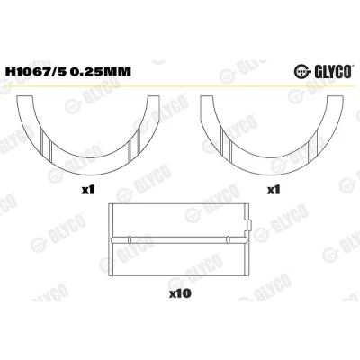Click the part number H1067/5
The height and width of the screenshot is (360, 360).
[34, 72]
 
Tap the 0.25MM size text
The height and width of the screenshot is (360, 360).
[101, 72]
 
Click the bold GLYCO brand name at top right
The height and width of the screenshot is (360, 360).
[333, 72]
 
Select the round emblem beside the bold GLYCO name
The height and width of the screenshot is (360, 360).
[301, 72]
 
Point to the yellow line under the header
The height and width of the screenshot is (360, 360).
[179, 85]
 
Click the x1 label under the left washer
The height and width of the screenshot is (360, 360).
[88, 190]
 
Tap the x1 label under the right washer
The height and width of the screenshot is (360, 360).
[274, 190]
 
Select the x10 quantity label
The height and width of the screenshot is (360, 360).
[180, 293]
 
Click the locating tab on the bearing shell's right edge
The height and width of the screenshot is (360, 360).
[249, 225]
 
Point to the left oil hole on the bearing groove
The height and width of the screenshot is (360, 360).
[130, 239]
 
